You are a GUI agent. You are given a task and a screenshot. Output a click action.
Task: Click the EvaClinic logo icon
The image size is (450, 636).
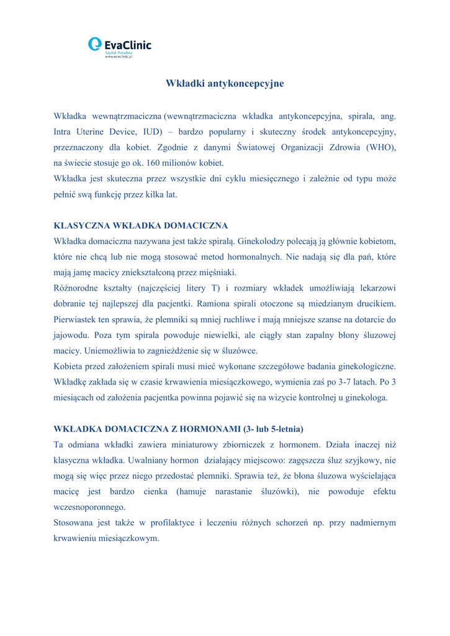click(x=95, y=44)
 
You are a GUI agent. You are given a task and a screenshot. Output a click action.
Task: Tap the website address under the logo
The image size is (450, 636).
click(x=119, y=57)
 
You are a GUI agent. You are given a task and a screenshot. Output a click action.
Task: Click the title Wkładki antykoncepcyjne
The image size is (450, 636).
click(x=225, y=83)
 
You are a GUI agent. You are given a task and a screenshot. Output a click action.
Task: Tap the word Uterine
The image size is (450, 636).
click(x=98, y=132)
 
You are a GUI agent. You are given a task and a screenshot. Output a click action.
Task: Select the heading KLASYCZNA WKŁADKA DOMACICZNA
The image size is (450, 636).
click(x=142, y=225)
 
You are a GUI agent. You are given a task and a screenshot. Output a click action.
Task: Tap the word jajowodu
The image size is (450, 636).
click(x=71, y=336)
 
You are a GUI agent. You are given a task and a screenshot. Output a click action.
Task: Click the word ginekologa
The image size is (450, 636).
click(x=364, y=398)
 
